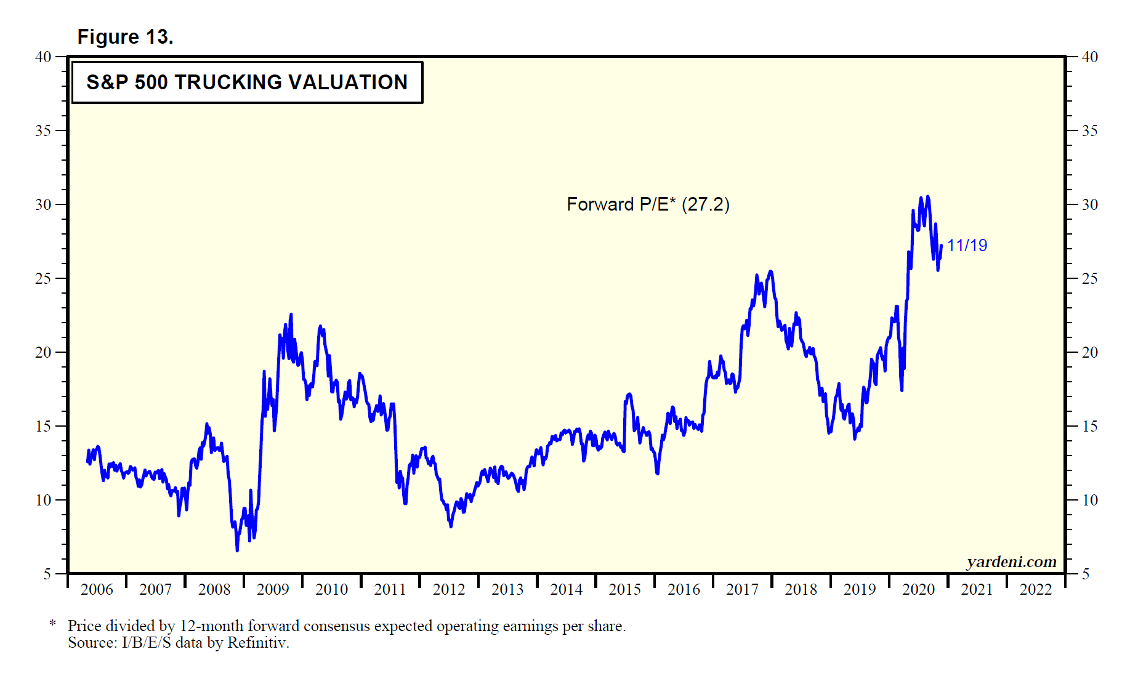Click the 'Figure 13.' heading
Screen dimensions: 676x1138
point(125,37)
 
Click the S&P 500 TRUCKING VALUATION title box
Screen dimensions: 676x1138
point(247,82)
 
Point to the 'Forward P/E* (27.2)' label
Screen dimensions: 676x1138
point(648,204)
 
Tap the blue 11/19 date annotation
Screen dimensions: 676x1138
point(966,246)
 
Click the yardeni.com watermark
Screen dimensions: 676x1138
point(1011,561)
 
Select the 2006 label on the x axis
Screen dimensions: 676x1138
point(97,590)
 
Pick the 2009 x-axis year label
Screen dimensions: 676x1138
point(273,590)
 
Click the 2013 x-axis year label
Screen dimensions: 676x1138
point(507,590)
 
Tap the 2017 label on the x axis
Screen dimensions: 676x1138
point(742,590)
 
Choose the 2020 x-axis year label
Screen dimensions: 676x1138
point(918,590)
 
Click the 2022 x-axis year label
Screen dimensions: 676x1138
point(1036,590)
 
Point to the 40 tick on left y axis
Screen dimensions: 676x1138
point(43,57)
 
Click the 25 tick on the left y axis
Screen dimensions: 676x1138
point(43,279)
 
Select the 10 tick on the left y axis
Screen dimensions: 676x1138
point(43,501)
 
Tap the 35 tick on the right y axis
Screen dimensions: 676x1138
point(1090,131)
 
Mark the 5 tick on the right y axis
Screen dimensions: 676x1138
point(1086,574)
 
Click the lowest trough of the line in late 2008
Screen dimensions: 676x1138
point(237,550)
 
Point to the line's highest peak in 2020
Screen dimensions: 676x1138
point(927,197)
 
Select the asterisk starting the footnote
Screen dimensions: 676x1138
point(53,625)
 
